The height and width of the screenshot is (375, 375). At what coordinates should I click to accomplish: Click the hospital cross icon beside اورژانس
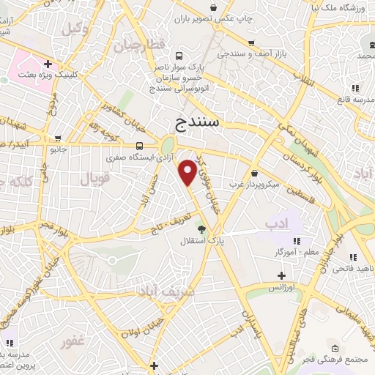pos(281,275)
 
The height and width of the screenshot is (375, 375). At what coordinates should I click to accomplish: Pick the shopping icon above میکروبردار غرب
pos(254,173)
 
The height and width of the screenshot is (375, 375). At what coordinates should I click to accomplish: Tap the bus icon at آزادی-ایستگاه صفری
pos(139,144)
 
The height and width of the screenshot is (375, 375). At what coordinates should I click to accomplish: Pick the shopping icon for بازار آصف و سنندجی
pos(251,43)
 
